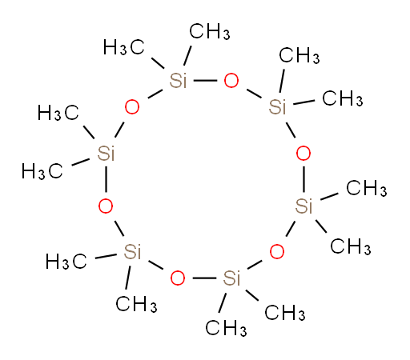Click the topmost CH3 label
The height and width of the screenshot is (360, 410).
[x=210, y=31]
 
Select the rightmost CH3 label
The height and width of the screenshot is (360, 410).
[x=367, y=188]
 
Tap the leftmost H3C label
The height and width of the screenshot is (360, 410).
[x=42, y=171]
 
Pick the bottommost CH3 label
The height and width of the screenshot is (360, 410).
[x=226, y=328]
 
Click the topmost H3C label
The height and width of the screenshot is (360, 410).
[x=124, y=47]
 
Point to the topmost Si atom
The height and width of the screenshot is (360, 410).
[x=179, y=81]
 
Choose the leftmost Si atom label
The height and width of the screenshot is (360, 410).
[x=106, y=154]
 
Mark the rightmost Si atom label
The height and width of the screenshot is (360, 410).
[x=303, y=206]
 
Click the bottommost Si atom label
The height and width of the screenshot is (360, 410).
[x=231, y=278]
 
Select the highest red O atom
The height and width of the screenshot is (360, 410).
[x=231, y=81]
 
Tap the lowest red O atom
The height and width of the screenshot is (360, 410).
[x=178, y=278]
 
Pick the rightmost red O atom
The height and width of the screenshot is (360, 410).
[x=303, y=154]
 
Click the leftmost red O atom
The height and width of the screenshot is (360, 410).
[x=106, y=206]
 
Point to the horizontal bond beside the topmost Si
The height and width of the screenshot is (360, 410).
[x=205, y=80]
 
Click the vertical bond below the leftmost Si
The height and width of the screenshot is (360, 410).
[x=106, y=179]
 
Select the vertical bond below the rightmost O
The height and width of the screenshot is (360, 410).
[x=303, y=179]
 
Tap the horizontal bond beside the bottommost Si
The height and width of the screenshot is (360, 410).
[x=204, y=278]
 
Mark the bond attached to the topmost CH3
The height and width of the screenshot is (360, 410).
[x=187, y=56]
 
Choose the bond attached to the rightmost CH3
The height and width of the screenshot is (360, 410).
[x=329, y=196]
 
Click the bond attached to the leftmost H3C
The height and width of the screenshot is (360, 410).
[x=81, y=162]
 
